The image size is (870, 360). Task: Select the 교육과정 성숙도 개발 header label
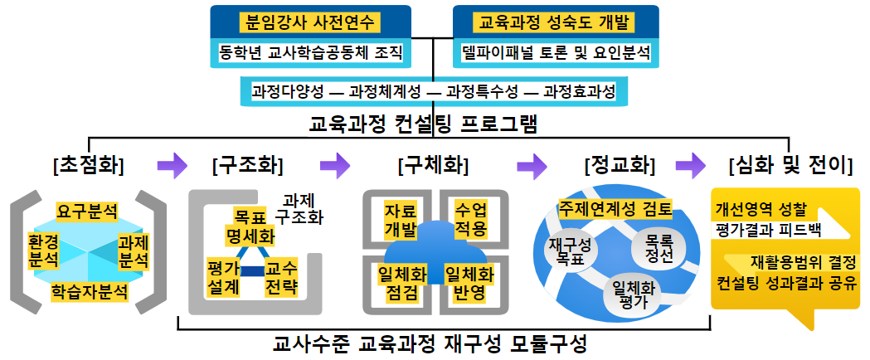click(x=556, y=21)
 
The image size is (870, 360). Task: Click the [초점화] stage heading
click(x=87, y=166)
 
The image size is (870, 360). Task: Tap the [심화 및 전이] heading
click(x=790, y=166)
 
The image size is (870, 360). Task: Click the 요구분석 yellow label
click(x=87, y=211)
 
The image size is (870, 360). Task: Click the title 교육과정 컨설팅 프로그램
click(x=424, y=126)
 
